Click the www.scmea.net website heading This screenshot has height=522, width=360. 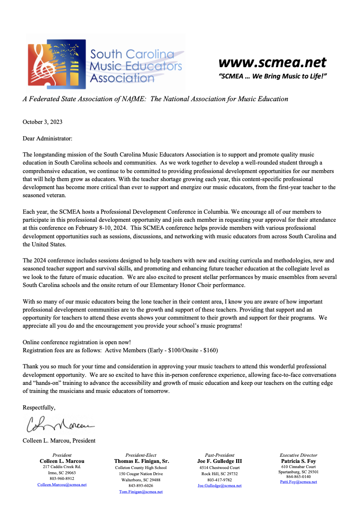click(273, 62)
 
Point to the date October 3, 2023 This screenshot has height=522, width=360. click(43, 122)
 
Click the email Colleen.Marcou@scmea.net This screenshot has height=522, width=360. click(62, 485)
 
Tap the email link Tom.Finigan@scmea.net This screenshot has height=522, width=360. click(141, 492)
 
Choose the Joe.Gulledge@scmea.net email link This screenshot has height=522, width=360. click(220, 486)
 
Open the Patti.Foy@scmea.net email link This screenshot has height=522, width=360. click(299, 482)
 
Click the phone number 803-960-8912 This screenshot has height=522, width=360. click(62, 478)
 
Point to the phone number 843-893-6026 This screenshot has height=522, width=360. click(141, 486)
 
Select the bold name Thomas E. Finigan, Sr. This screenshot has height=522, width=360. click(141, 461)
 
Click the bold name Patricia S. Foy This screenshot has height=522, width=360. click(299, 461)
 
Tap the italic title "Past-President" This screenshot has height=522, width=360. click(220, 455)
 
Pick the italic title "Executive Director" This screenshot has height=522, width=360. click(299, 455)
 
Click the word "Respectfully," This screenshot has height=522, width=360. click(39, 407)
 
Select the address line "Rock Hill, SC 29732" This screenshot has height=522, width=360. click(220, 473)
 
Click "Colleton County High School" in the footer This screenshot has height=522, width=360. click(141, 467)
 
